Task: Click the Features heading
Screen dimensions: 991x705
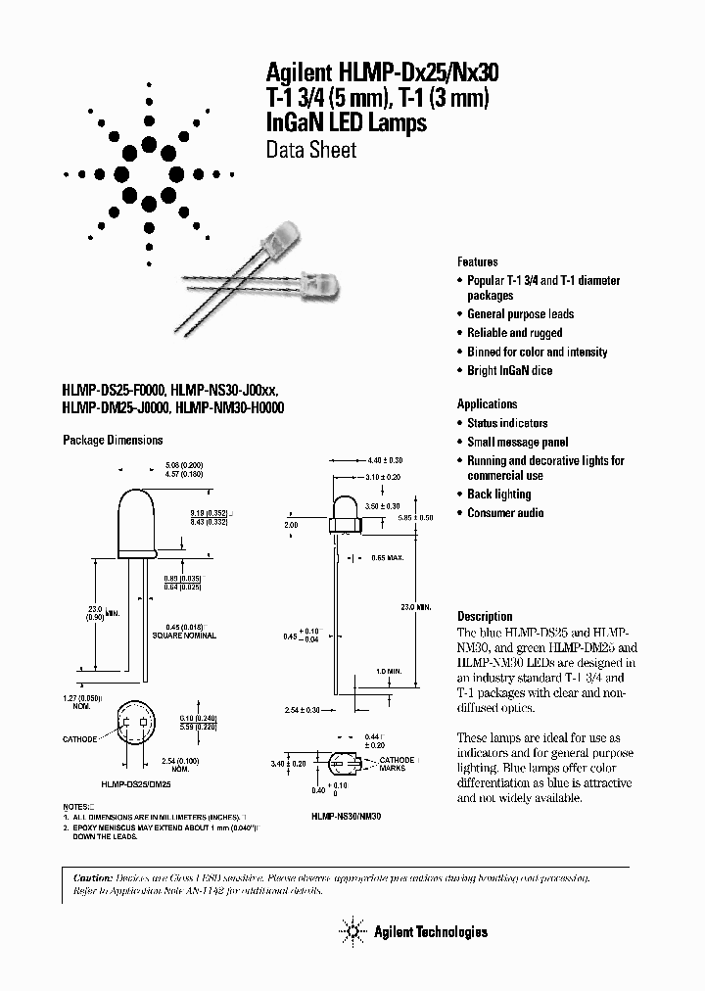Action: tap(477, 262)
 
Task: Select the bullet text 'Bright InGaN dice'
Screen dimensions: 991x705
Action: tap(509, 371)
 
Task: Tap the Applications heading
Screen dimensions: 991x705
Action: tap(487, 403)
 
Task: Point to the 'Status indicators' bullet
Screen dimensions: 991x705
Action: tap(507, 423)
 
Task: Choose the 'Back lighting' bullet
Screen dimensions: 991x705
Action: tap(498, 495)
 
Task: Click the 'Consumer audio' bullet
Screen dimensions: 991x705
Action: tap(505, 513)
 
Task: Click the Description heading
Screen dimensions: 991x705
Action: tap(485, 616)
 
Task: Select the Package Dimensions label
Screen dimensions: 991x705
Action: tap(113, 441)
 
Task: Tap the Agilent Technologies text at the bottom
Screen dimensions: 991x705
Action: tap(431, 932)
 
